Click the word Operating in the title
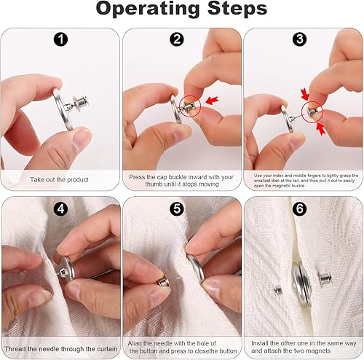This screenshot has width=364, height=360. (149, 9)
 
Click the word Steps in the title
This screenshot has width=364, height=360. (237, 8)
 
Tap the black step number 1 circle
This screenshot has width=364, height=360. (60, 39)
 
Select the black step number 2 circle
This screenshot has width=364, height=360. (177, 39)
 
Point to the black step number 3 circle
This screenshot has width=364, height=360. (299, 39)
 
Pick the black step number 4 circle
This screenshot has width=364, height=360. (60, 209)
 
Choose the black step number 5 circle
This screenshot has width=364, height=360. (177, 209)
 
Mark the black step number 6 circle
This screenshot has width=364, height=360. (300, 209)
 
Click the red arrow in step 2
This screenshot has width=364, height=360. (212, 100)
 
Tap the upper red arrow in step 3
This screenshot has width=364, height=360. (304, 94)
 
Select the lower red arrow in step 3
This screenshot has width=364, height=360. (321, 129)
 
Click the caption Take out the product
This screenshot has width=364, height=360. (59, 180)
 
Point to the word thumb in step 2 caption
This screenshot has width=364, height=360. (154, 184)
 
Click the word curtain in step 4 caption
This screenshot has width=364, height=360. (107, 349)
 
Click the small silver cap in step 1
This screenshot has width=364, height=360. (82, 103)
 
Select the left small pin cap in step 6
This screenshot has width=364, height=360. (278, 290)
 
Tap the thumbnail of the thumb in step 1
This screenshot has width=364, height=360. (82, 137)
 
